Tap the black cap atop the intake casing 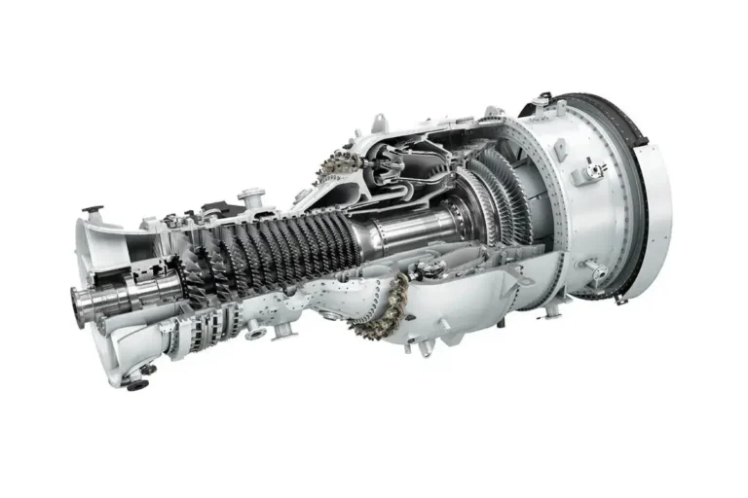point(92,208)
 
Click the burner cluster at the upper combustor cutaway point(332,166)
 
